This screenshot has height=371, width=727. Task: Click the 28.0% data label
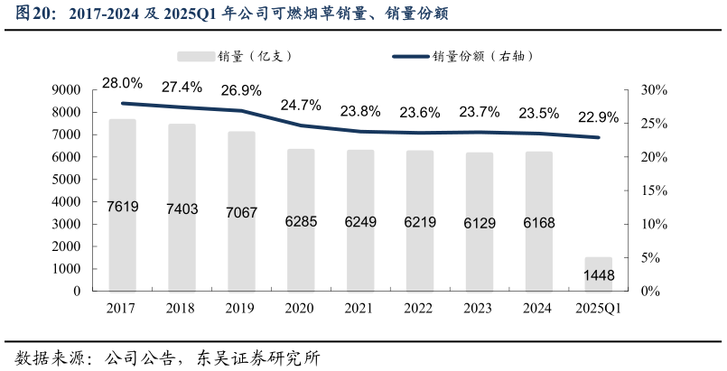122,84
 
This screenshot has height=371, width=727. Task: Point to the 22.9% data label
598,117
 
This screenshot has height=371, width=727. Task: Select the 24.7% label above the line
301,106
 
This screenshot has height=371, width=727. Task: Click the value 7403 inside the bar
182,209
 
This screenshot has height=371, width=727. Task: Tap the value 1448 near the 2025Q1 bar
599,275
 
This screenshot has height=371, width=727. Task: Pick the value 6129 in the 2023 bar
479,223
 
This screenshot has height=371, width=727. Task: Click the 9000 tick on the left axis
70,90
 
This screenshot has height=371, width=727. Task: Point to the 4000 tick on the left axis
70,202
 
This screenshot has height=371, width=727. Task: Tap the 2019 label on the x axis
240,309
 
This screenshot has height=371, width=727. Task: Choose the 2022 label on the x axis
418,309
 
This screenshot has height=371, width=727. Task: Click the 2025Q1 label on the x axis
598,309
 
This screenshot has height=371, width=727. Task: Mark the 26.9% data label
241,90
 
